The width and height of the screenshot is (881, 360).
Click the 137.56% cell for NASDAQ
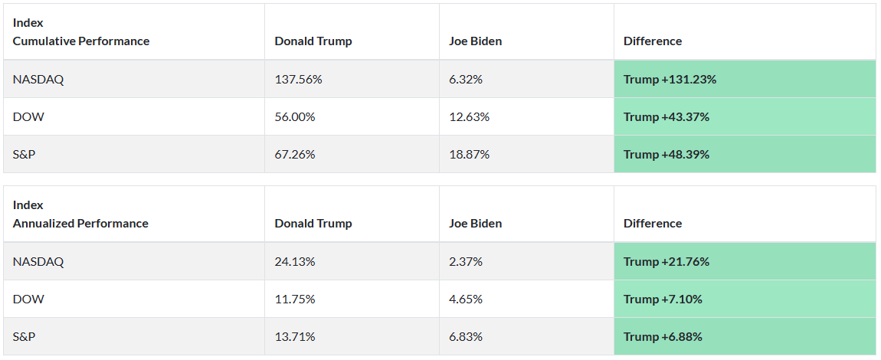tap(295, 79)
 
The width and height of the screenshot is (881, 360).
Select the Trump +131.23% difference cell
tap(670, 79)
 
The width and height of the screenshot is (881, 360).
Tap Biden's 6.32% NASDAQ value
tap(466, 79)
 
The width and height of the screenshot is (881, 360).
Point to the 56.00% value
tap(295, 116)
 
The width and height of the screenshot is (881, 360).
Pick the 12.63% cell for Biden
tap(469, 116)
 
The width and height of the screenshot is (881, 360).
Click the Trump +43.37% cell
tap(666, 116)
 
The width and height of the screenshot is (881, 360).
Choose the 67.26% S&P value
tap(295, 154)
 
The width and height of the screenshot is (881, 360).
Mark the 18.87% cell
tap(469, 154)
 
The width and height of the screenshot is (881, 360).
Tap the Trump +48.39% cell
tap(666, 154)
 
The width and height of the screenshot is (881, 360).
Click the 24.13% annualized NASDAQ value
tap(295, 261)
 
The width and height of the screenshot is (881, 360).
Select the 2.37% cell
tap(466, 261)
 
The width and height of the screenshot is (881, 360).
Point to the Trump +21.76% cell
tap(666, 261)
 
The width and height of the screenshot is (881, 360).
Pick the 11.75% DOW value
tap(295, 299)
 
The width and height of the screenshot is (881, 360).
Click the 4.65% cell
tap(466, 299)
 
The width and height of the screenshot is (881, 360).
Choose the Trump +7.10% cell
tap(663, 299)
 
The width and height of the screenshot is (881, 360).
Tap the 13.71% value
tap(295, 336)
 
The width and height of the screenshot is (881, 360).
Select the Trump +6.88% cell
tap(663, 336)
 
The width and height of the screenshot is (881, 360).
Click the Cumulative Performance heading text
tap(81, 41)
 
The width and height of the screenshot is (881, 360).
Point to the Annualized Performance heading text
tap(80, 223)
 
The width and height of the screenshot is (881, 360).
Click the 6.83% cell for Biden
tap(466, 336)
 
